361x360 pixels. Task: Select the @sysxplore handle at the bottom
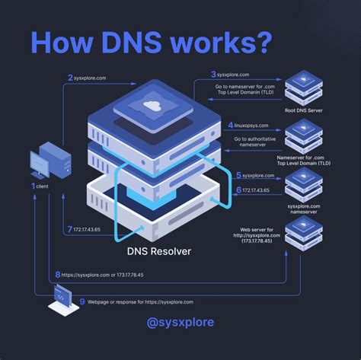(x=180, y=322)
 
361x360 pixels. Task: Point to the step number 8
(x=57, y=274)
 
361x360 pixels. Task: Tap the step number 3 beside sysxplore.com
(x=214, y=74)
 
